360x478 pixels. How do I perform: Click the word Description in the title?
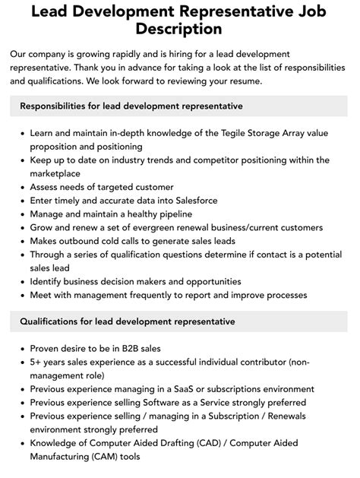[x=180, y=29]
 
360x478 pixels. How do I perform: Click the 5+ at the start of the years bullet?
[x=36, y=362]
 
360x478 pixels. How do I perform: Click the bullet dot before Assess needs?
[x=21, y=187]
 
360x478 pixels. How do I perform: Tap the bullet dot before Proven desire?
[x=21, y=349]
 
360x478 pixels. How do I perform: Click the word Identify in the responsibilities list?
[x=49, y=281]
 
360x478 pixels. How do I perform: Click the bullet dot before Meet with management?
[x=21, y=295]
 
